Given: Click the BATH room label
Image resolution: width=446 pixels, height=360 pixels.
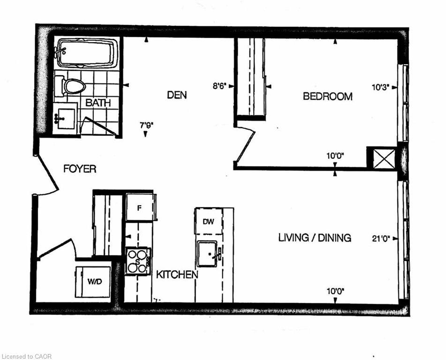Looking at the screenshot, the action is (98, 103).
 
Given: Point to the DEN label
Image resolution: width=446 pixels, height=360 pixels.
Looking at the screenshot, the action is (177, 95).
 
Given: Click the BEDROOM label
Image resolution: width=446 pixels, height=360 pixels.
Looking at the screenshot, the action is (328, 97).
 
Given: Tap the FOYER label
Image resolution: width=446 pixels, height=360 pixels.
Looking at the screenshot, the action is (80, 169).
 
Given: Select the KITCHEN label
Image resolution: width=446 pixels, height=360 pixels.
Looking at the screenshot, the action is (177, 275).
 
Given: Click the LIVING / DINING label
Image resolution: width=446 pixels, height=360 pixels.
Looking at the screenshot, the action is (315, 238).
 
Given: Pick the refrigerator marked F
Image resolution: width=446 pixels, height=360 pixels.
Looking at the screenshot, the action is (140, 207).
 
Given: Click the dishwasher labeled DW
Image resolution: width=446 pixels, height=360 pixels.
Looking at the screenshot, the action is (209, 221).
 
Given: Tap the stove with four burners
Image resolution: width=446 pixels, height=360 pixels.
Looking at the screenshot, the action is (138, 261).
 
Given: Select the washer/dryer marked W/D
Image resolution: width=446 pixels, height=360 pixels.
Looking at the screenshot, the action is (93, 282).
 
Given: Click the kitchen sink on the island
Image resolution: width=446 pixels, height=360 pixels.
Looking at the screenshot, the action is (208, 254).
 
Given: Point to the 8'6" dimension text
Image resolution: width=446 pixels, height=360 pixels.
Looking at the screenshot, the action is (219, 86).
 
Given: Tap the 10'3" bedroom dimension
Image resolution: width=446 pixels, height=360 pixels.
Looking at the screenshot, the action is (380, 87).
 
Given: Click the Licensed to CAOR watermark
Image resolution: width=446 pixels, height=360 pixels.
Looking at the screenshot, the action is (27, 356).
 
